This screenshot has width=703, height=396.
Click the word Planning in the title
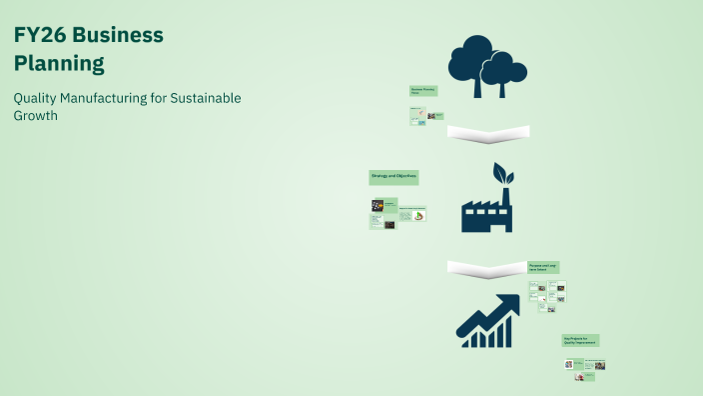(59, 64)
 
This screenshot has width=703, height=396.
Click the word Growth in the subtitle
(36, 115)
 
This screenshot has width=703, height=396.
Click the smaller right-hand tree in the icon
(505, 68)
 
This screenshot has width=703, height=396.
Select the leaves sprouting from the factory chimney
(502, 174)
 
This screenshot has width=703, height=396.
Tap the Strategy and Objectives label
(393, 177)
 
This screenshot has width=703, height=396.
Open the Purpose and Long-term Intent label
(543, 267)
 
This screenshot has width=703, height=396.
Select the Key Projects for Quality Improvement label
(580, 340)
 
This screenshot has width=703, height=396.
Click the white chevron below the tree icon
(488, 132)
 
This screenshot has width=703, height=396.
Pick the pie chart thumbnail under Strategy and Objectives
(419, 215)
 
